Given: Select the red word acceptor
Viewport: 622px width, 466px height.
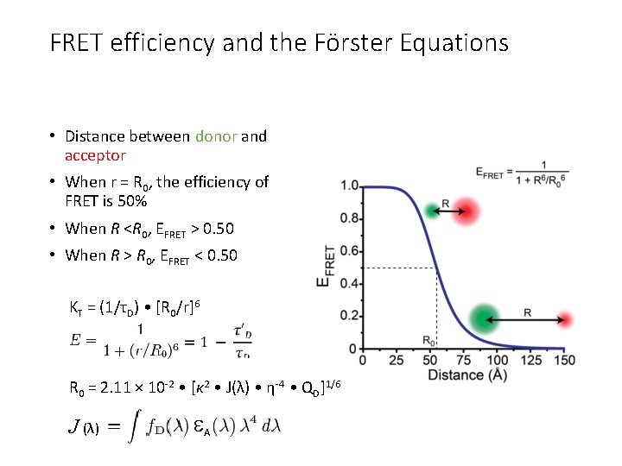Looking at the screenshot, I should click(95, 156).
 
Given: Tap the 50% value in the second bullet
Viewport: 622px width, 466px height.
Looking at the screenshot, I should click(132, 202).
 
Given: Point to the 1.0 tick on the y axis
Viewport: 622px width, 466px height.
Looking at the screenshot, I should click(350, 186).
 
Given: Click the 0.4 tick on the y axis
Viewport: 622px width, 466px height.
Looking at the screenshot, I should click(350, 283).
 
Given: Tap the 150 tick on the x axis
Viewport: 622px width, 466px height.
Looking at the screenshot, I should click(564, 360).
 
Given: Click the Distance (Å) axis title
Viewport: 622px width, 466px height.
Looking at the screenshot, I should click(466, 375).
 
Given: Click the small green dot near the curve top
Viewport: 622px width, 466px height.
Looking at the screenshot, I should click(432, 210).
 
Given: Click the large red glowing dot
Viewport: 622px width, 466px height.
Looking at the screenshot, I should click(466, 210).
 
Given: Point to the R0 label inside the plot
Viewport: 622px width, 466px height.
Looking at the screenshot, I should click(428, 340).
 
